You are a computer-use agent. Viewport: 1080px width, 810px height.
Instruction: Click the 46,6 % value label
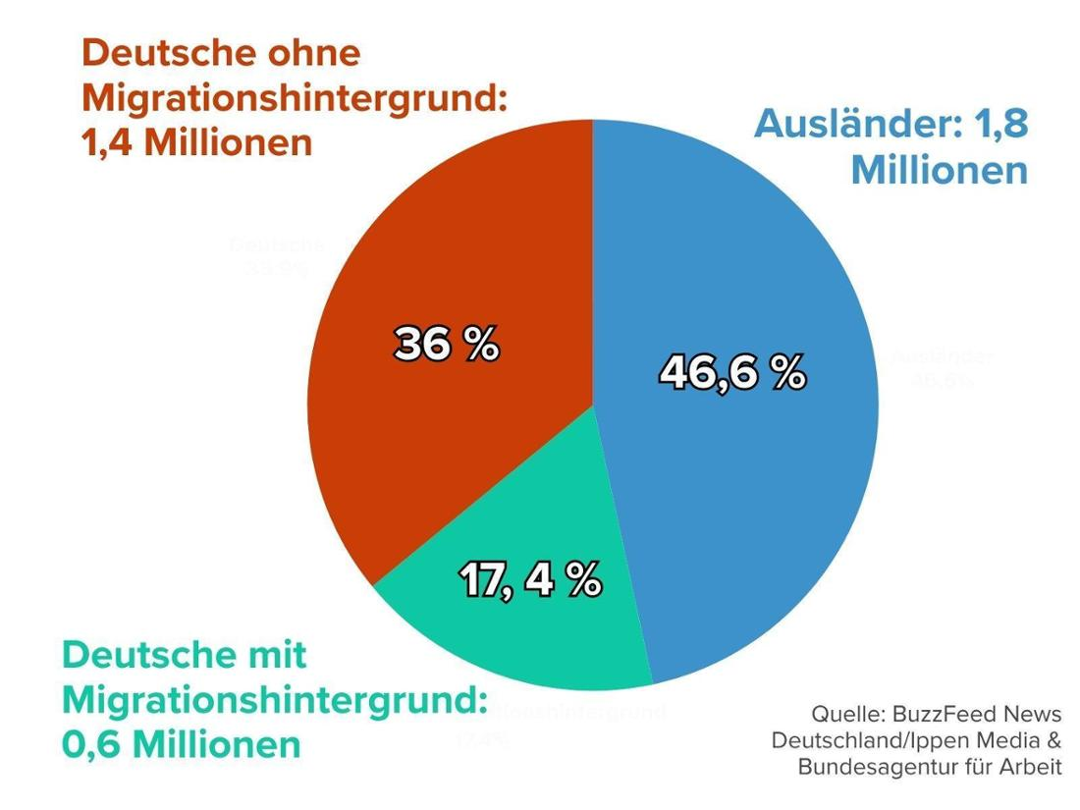[x=732, y=373]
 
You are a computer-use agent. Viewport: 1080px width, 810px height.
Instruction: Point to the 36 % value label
[x=447, y=345]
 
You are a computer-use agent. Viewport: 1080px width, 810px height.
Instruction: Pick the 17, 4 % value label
[x=530, y=580]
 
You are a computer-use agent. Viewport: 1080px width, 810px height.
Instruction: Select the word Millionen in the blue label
[x=939, y=170]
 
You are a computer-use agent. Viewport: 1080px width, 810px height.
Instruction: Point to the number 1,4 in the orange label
[x=105, y=143]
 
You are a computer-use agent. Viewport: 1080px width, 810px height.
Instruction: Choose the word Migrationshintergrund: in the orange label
[x=294, y=98]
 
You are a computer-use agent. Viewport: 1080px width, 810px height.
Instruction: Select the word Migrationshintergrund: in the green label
[x=274, y=700]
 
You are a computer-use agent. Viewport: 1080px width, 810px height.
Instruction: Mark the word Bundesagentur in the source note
[x=865, y=766]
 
